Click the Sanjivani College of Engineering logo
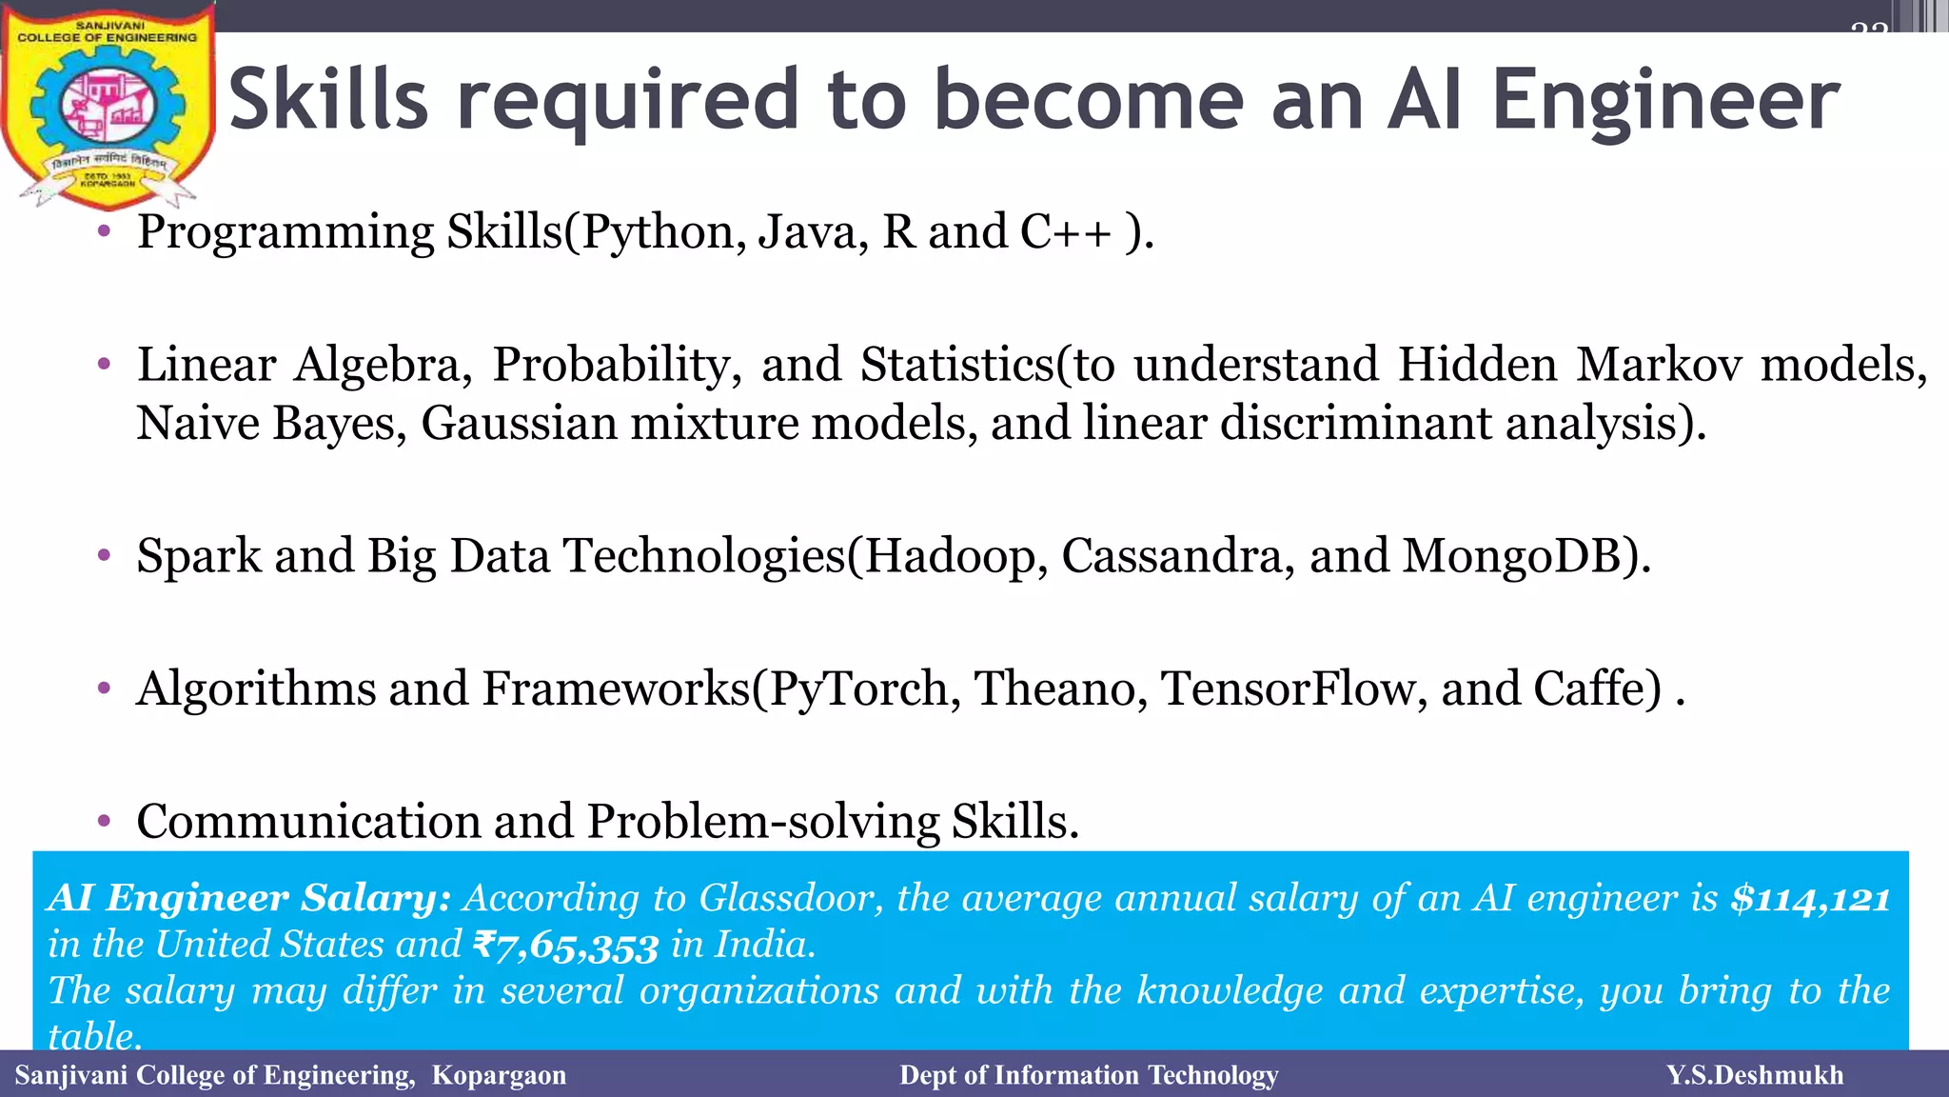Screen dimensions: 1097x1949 point(108,105)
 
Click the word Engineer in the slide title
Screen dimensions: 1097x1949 point(1665,101)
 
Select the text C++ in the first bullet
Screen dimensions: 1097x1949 point(1065,232)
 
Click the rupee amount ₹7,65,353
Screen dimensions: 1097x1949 point(565,946)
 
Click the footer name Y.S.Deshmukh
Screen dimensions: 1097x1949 point(1754,1075)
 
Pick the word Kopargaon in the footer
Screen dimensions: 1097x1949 point(499,1075)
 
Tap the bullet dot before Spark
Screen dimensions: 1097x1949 point(104,555)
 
